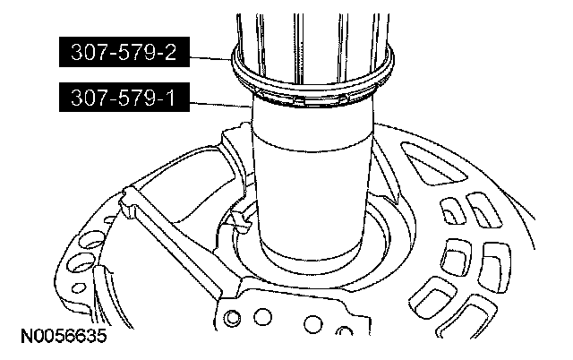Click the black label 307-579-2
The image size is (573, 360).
124,52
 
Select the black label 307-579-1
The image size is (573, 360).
124,98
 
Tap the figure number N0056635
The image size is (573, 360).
64,336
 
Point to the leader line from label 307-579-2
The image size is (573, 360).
211,57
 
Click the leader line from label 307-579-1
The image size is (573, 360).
221,105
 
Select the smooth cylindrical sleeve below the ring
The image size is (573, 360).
312,183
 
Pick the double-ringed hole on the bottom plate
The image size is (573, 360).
232,318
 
